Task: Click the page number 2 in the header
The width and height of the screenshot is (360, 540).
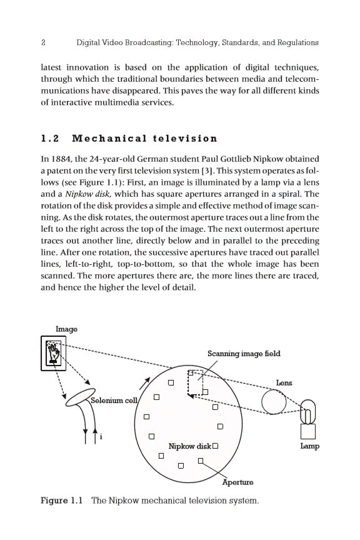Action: click(x=43, y=42)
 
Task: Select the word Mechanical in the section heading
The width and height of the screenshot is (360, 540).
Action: click(x=109, y=139)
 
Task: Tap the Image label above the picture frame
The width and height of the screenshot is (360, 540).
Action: click(x=66, y=329)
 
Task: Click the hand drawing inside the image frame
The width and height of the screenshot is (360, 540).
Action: click(x=54, y=352)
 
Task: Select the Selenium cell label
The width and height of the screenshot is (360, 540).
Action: click(x=114, y=400)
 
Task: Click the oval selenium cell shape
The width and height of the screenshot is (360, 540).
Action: click(x=80, y=397)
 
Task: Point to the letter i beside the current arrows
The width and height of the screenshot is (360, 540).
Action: click(x=101, y=437)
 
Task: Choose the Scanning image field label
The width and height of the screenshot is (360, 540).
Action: click(x=244, y=354)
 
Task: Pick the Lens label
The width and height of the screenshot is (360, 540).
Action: click(x=284, y=382)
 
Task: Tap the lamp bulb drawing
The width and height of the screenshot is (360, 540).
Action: click(x=308, y=411)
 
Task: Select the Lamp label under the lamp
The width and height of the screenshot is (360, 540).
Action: click(x=310, y=446)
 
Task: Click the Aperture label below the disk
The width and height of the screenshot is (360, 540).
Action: click(x=237, y=482)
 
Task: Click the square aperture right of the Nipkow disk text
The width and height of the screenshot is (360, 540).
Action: click(x=215, y=446)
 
